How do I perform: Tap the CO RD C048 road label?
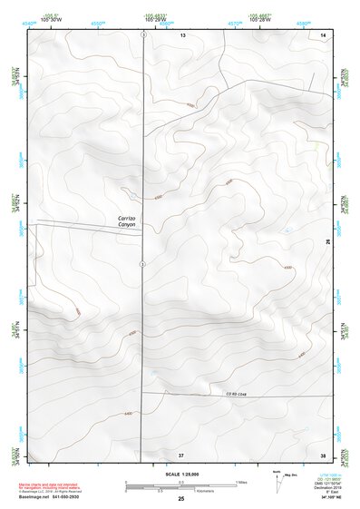236,391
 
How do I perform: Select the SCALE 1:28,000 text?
180,475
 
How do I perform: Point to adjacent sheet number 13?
181,34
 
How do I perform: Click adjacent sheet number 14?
322,34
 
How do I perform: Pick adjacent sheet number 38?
322,454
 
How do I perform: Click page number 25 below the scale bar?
180,498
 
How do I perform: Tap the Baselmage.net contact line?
54,497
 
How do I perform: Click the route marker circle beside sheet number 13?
142,34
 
